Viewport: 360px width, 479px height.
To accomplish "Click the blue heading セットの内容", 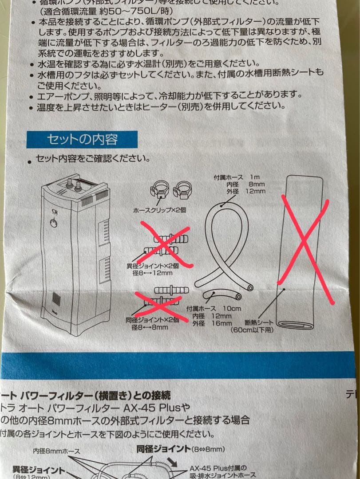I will pyautogui.click(x=82, y=140).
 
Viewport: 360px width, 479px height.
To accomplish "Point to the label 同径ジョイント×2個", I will pyautogui.click(x=153, y=319).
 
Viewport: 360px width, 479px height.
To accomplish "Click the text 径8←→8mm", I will pyautogui.click(x=150, y=327).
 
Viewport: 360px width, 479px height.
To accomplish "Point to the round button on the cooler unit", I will pyautogui.click(x=54, y=223).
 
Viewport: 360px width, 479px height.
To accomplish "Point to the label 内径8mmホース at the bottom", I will pyautogui.click(x=56, y=452).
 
